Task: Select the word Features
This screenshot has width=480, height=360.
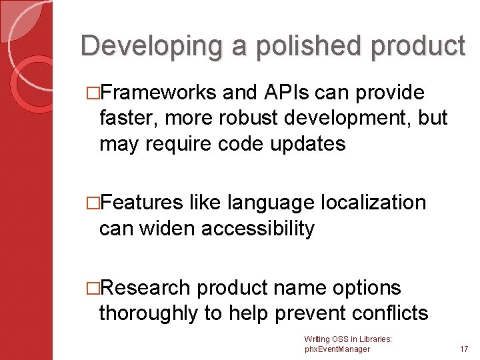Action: (x=141, y=202)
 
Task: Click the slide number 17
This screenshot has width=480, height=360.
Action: (x=463, y=348)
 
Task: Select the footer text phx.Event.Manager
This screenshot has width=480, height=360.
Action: (x=337, y=349)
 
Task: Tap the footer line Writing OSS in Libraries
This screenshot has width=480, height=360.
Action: (x=347, y=339)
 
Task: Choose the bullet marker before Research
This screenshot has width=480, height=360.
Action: (x=93, y=288)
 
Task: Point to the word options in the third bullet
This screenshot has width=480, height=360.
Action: (x=363, y=287)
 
